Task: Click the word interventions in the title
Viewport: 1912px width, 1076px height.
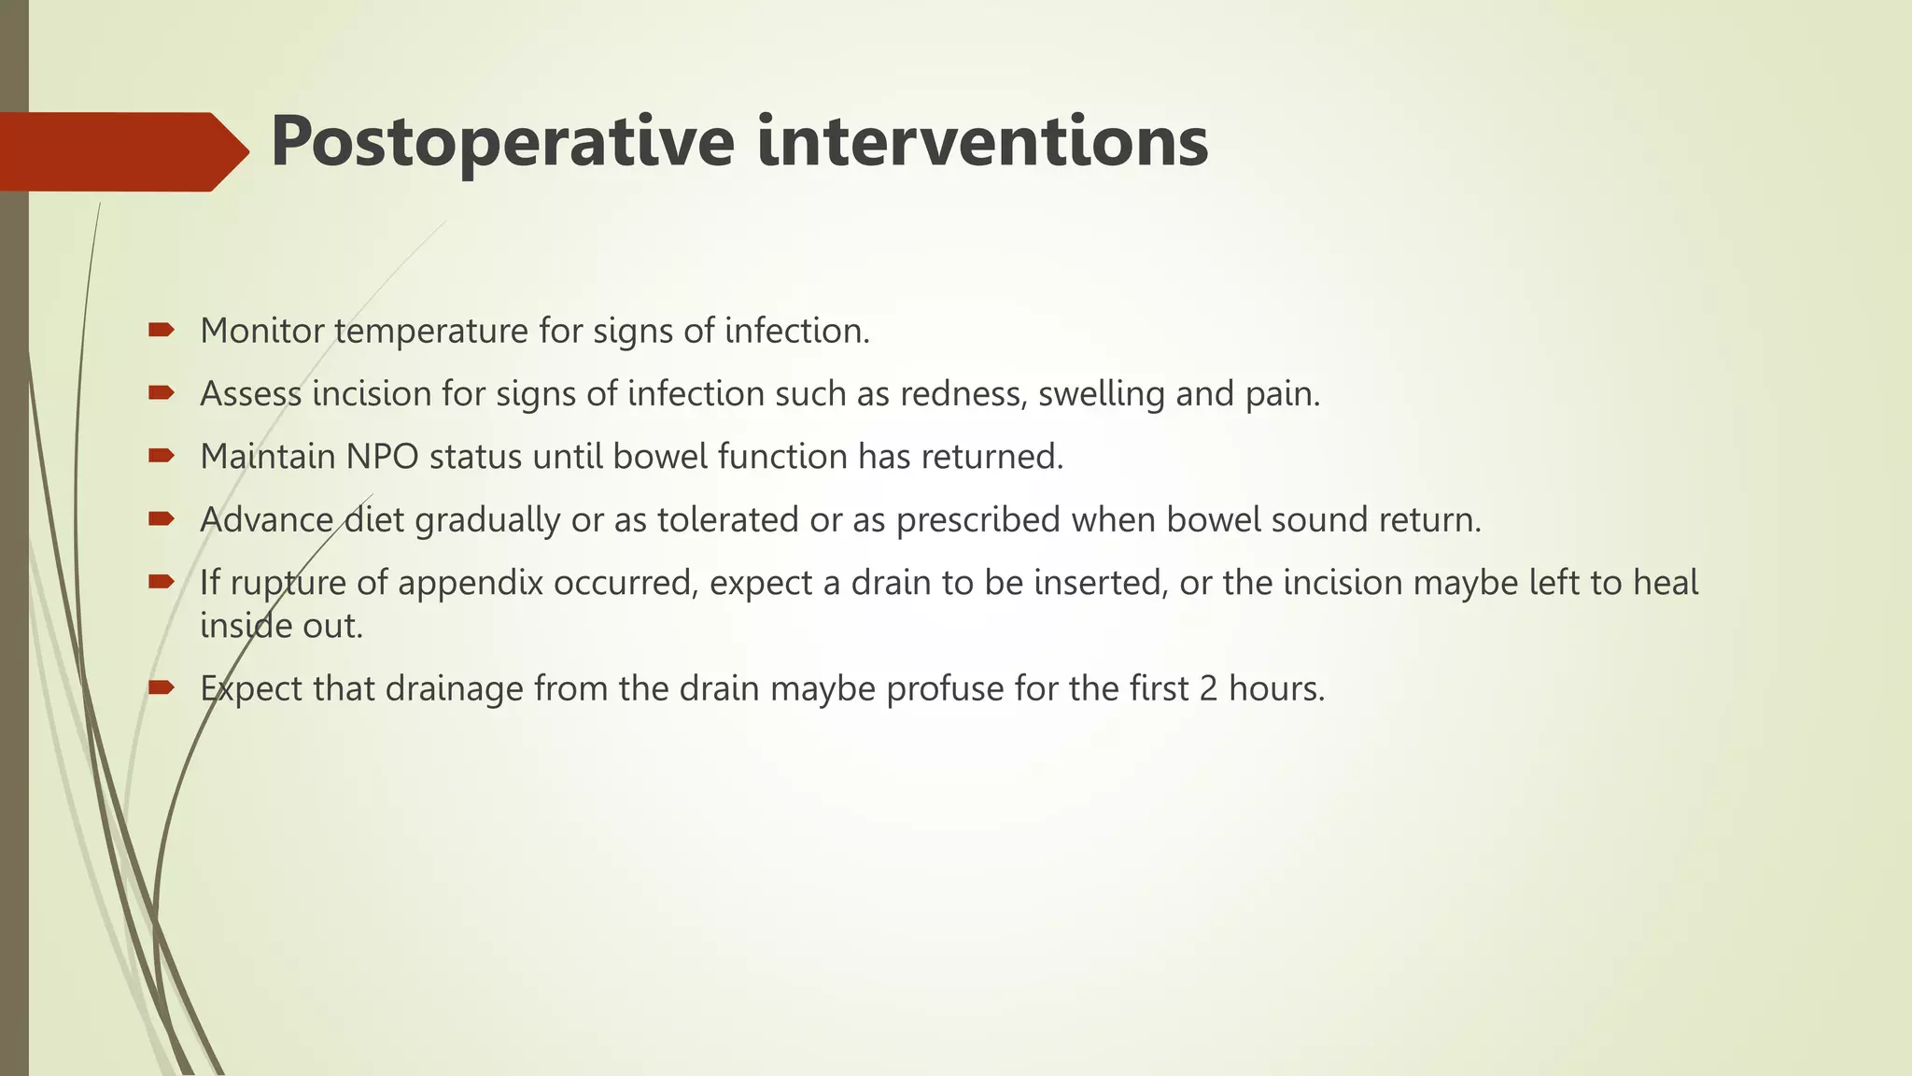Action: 982,142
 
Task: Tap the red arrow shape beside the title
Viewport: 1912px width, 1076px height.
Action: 121,151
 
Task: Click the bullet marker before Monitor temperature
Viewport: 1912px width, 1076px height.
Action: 161,330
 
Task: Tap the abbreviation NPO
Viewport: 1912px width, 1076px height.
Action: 383,457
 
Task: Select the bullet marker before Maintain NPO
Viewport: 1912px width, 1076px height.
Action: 161,456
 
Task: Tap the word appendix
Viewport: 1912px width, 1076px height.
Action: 471,583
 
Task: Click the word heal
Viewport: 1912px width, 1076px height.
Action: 1666,583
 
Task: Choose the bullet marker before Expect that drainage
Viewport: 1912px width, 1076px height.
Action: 161,687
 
